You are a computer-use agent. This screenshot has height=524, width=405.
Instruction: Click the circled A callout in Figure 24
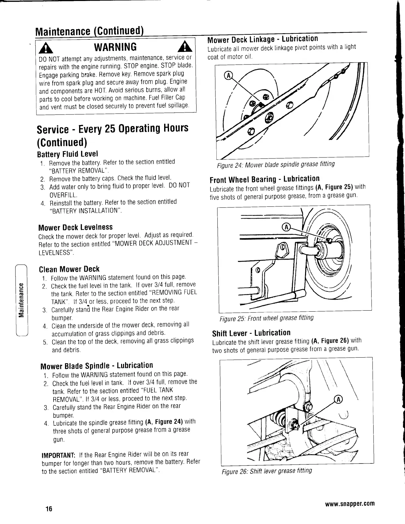(227, 75)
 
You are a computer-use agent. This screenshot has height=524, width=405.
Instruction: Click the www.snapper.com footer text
(350, 504)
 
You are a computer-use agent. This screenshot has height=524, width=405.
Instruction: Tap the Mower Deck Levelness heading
(75, 227)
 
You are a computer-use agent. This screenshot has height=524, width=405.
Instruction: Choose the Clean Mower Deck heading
(69, 269)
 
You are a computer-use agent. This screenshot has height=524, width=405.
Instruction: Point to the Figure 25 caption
(267, 319)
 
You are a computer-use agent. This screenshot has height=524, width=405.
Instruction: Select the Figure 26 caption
(267, 470)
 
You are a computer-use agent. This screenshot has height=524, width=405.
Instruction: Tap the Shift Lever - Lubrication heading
(251, 333)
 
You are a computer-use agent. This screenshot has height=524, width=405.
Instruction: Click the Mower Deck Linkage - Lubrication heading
(262, 39)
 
